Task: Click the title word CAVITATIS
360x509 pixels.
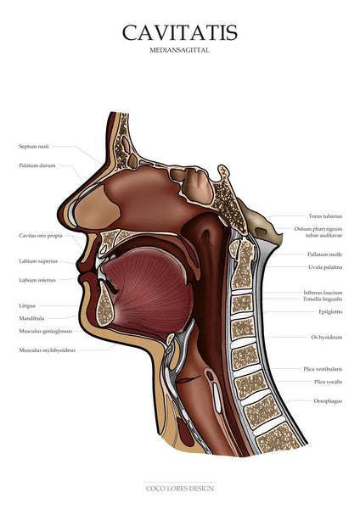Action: tap(180, 33)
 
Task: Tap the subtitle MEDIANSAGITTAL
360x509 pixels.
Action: tap(180, 50)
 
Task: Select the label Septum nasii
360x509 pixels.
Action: tap(34, 147)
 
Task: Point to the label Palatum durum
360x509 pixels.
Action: tap(37, 165)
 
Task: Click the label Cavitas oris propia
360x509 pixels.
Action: tap(41, 236)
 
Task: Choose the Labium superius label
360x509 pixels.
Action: tap(38, 261)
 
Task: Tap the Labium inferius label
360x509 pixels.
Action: tap(37, 280)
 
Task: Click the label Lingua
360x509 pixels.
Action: tap(27, 305)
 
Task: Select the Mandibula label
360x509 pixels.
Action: tap(31, 318)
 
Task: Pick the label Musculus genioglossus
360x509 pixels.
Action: tap(46, 332)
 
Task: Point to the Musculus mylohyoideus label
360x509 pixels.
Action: tap(47, 350)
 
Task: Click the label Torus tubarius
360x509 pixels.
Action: tap(325, 216)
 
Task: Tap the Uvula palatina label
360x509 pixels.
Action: tap(325, 267)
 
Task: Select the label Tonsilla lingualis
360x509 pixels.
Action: tap(323, 299)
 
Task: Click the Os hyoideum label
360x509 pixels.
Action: tap(327, 338)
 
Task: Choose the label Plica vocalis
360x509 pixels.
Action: tap(328, 382)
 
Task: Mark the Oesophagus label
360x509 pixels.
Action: tap(328, 401)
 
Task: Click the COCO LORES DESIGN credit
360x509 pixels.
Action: tap(180, 489)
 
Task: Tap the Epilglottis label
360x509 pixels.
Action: tap(330, 312)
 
